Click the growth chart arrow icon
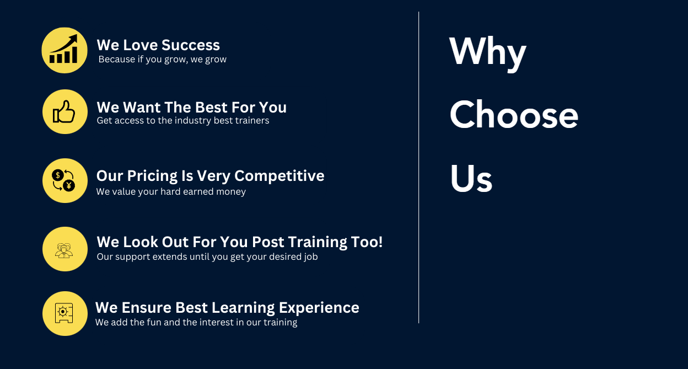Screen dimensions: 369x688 [64, 50]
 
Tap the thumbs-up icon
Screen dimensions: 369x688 [64, 112]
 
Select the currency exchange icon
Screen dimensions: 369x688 [64, 180]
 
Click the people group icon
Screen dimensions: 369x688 [64, 249]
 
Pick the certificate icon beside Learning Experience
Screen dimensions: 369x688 [64, 313]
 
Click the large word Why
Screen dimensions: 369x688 [487, 52]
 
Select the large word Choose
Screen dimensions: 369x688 [513, 115]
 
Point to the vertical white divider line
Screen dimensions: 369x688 [418, 165]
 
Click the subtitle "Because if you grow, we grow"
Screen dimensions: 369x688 [162, 60]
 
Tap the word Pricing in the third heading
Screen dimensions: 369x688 [152, 176]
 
